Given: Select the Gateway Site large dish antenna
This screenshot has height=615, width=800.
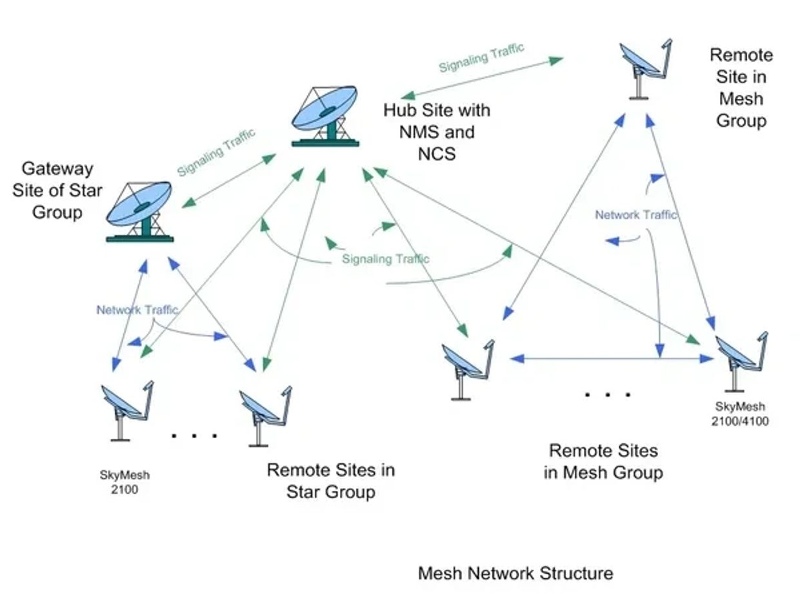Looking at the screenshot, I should (140, 212).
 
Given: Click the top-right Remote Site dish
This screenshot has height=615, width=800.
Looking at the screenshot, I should (645, 68).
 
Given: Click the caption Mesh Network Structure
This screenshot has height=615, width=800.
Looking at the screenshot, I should (515, 573).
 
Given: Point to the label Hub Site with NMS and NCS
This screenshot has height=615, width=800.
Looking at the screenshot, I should (437, 132).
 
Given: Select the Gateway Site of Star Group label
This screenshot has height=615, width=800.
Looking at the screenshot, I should (57, 190).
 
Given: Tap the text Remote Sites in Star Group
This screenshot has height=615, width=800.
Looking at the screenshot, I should (330, 481).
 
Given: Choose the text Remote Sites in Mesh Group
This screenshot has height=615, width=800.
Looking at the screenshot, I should (603, 461).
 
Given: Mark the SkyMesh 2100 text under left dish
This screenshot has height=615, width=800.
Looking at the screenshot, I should (125, 482).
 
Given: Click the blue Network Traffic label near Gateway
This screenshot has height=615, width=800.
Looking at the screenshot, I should (137, 310).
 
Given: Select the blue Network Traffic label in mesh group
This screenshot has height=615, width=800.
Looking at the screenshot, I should (635, 215).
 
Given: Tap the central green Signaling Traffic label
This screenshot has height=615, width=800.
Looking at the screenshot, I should (385, 259).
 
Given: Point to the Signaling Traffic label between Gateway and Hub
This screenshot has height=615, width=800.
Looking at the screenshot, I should (216, 152).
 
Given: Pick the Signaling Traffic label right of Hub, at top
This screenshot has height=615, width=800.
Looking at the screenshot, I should (481, 58).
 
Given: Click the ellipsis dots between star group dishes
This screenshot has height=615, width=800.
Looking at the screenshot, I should (195, 436).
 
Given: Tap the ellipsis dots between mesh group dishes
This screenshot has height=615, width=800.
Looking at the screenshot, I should (607, 394).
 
